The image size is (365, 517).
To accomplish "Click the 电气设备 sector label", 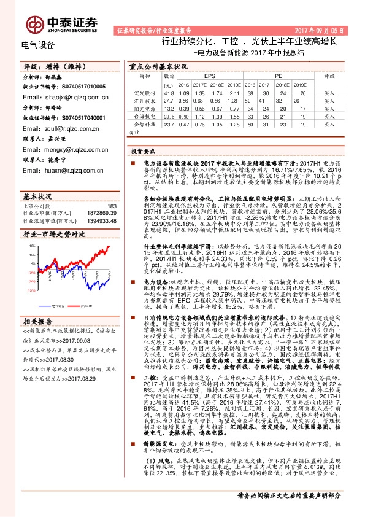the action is click(38, 45).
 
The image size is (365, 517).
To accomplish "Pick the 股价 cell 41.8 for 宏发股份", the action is click(169, 93).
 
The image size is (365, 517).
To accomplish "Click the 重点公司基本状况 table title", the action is click(158, 65).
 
